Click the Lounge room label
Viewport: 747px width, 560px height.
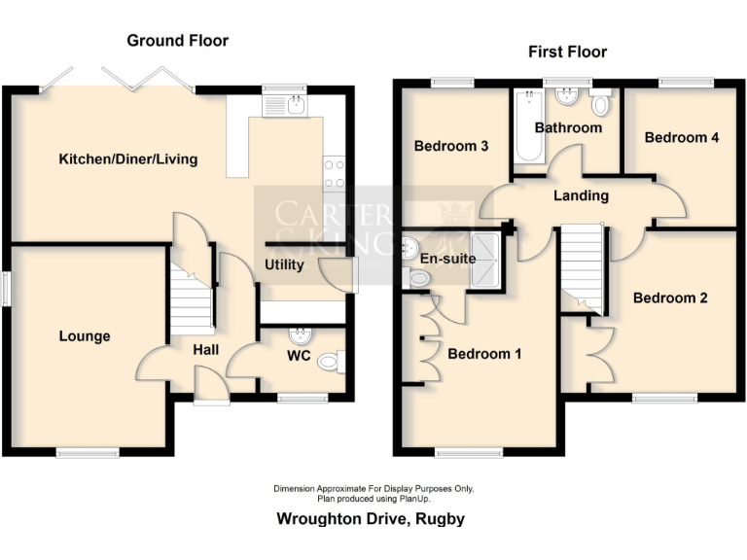pyautogui.click(x=85, y=336)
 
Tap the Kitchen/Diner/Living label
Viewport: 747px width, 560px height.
pyautogui.click(x=127, y=158)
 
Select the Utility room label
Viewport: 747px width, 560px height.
pyautogui.click(x=284, y=264)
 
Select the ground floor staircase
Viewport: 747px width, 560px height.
pyautogui.click(x=192, y=296)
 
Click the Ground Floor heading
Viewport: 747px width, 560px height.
pyautogui.click(x=178, y=41)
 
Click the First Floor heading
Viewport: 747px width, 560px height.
pyautogui.click(x=567, y=52)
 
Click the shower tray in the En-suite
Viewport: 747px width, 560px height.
pyautogui.click(x=485, y=262)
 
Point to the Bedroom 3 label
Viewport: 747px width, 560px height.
pyautogui.click(x=450, y=147)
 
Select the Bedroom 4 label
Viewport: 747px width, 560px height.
pyautogui.click(x=682, y=137)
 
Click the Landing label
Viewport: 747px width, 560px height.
pyautogui.click(x=581, y=195)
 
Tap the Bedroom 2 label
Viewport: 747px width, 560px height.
pyautogui.click(x=670, y=297)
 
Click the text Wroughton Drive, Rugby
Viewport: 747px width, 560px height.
pyautogui.click(x=371, y=518)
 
